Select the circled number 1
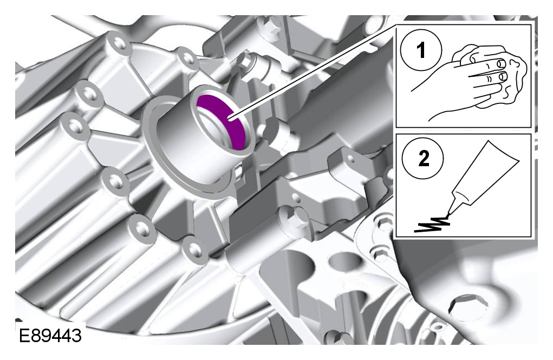tap(421, 50)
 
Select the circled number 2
tap(423, 158)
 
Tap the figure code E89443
tap(50, 336)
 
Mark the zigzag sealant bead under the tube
tap(432, 224)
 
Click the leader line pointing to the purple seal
tap(313, 73)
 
